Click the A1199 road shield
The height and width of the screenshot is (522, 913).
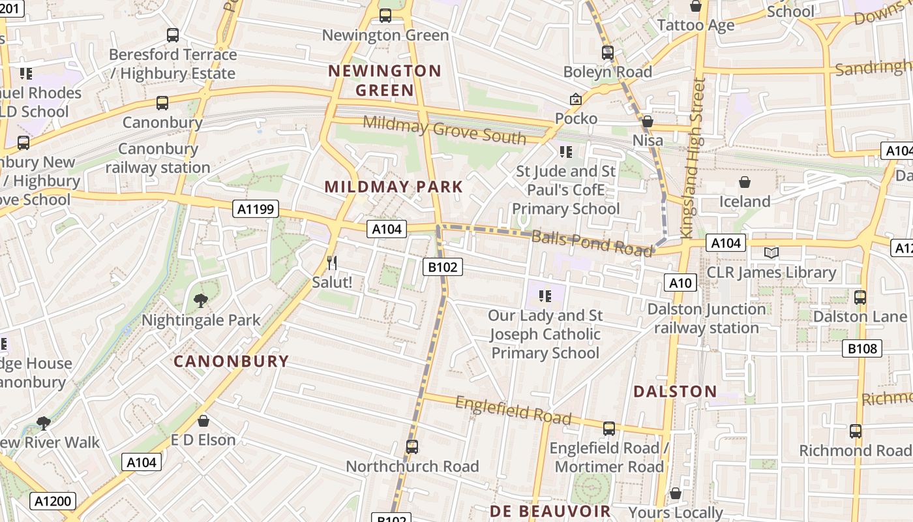256,209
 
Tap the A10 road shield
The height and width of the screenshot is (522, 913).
680,283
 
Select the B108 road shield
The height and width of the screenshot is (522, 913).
863,349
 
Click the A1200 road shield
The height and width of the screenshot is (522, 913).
53,501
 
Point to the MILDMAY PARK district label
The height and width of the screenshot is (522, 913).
393,187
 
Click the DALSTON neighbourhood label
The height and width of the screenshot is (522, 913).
675,391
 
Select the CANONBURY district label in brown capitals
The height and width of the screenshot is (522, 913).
231,361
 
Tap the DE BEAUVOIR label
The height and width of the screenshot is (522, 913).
550,511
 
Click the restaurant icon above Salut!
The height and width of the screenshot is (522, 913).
332,263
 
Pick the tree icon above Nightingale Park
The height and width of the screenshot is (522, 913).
201,300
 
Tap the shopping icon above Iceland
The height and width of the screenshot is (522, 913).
745,182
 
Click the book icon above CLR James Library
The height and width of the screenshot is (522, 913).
771,253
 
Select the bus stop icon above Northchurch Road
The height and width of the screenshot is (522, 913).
412,447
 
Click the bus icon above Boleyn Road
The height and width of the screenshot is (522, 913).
608,53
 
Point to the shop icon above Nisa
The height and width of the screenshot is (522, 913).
648,121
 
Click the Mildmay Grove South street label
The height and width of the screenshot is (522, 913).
444,129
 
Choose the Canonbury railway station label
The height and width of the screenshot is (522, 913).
158,158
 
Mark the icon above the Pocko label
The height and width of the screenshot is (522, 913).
576,99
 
